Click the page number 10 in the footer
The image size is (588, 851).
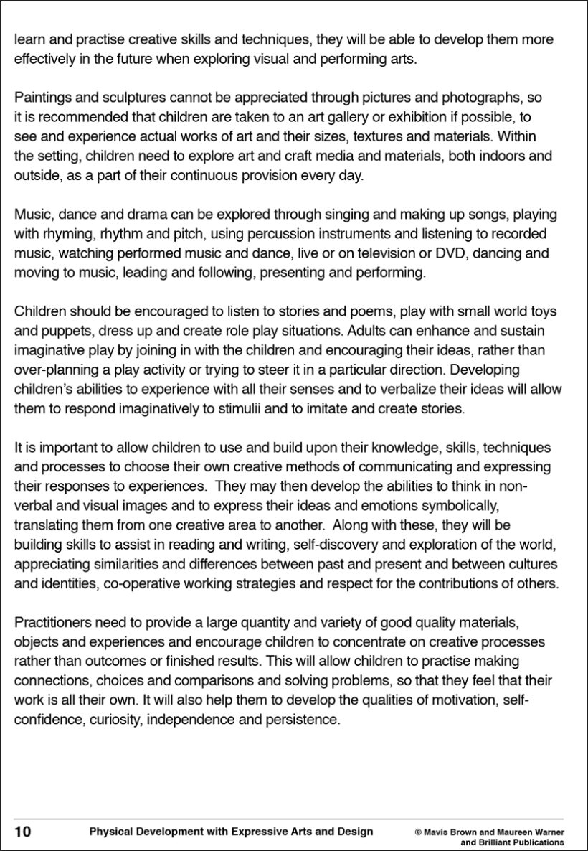(x=22, y=832)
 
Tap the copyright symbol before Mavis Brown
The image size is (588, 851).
(x=417, y=832)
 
